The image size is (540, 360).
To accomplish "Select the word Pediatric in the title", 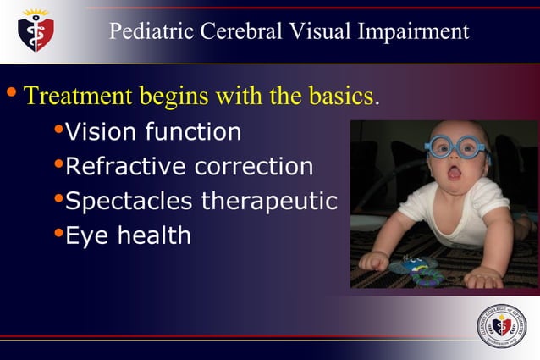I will [x=150, y=32].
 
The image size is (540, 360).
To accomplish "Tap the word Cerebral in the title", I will [x=242, y=32].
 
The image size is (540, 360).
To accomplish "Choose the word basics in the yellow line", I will [x=339, y=95].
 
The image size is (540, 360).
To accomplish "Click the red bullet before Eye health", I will [x=58, y=232].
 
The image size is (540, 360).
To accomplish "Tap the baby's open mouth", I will [x=455, y=174].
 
